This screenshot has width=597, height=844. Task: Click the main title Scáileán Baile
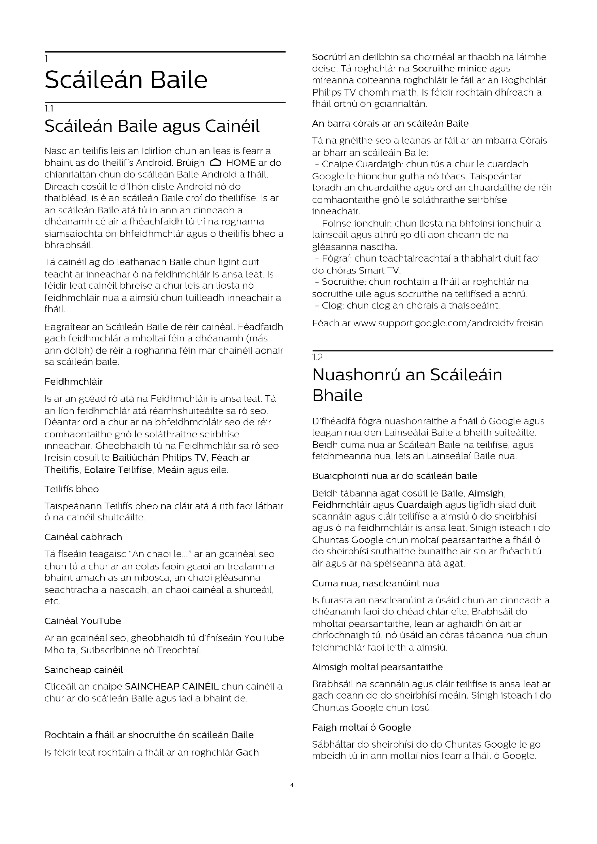coord(126,80)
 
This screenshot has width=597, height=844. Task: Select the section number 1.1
coord(49,109)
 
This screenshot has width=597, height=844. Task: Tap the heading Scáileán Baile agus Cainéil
coord(152,126)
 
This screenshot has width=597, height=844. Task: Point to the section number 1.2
coord(317,357)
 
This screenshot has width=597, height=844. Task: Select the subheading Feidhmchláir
coord(74,381)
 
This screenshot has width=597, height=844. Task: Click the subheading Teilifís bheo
coord(72,489)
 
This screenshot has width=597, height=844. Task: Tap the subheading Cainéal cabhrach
coord(83,537)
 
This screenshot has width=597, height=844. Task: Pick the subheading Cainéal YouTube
coord(83,621)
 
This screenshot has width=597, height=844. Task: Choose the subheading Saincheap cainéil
coord(84,670)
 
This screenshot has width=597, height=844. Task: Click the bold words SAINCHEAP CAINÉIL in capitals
coord(172,686)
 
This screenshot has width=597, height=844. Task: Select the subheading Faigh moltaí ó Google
coord(361,727)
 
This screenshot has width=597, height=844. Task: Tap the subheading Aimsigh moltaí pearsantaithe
coord(377,667)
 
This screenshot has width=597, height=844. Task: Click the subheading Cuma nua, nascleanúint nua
coord(375,583)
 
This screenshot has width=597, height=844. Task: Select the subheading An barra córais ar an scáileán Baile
coord(390,123)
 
